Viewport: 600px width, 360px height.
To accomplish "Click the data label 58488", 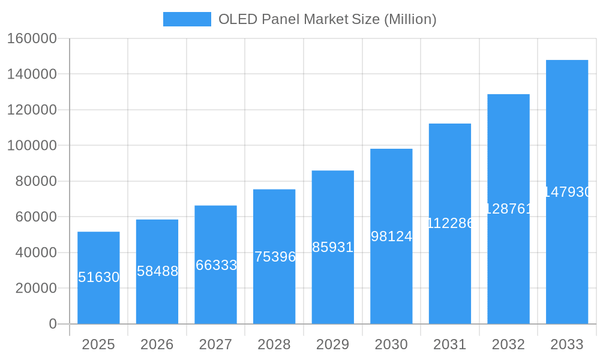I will point(157,271).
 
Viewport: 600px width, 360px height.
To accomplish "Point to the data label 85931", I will point(333,247).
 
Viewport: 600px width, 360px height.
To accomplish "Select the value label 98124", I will point(391,236).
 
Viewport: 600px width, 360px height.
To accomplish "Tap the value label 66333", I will point(216,265).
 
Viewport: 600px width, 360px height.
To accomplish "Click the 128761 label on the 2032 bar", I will point(508,209).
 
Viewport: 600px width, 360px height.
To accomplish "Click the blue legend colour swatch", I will point(187,19).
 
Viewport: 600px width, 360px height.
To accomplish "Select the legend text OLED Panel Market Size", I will point(327,19).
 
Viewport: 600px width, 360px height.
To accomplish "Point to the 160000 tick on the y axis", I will point(32,38).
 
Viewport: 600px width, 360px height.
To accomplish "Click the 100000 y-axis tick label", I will point(32,146).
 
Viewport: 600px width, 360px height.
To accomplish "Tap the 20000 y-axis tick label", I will point(35,289).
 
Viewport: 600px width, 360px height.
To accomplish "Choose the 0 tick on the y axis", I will point(53,324).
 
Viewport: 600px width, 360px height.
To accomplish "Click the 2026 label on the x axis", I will point(157,344).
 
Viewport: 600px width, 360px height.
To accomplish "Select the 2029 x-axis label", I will point(333,344).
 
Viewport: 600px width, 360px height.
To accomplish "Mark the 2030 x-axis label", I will point(391,344).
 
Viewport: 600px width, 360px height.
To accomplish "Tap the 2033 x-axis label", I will point(567,344).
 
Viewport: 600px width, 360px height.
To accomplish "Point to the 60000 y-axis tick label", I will point(35,217).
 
